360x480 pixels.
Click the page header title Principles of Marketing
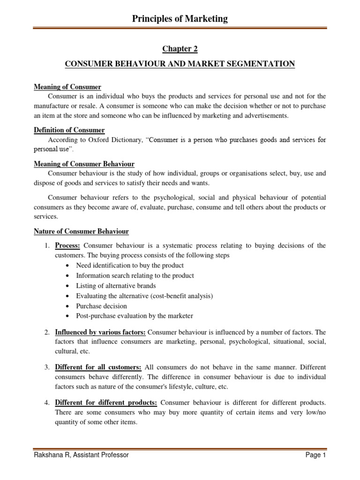pos(180,19)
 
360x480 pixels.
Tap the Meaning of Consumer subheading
pos(67,87)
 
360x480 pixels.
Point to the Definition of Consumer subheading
pos(69,130)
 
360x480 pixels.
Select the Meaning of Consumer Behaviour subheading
pos(84,164)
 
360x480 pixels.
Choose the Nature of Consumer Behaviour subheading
pos(81,231)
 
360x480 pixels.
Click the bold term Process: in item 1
pos(67,246)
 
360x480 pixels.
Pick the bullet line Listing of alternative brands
pos(116,285)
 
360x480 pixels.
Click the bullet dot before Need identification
pos(69,266)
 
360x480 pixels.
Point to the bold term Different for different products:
pos(106,402)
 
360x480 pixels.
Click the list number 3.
pos(47,367)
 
